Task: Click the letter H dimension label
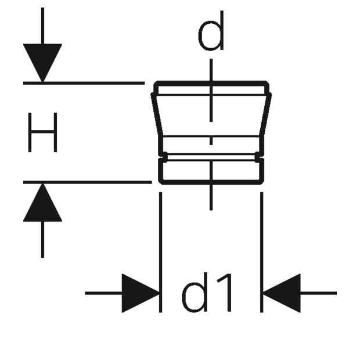(42, 132)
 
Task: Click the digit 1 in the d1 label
(225, 292)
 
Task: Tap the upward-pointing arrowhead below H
(42, 203)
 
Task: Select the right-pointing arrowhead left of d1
(141, 293)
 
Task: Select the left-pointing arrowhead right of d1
(282, 293)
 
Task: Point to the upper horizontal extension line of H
(84, 83)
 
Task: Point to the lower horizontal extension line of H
(88, 182)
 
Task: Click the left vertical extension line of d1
(160, 252)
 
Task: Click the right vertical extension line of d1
(261, 252)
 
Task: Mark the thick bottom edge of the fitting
(211, 182)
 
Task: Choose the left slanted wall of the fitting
(157, 114)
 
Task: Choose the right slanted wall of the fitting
(265, 114)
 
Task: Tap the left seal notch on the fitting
(164, 157)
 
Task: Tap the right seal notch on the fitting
(258, 157)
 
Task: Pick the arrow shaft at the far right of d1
(318, 293)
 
